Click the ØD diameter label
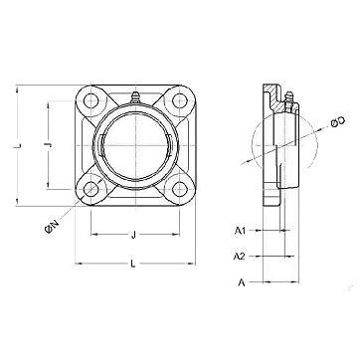tap(338, 122)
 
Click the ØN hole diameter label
tap(52, 227)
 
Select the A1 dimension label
tap(240, 231)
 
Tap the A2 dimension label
tap(240, 257)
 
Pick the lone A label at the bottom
tap(242, 282)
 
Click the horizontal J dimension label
tap(133, 235)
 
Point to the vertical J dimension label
tap(49, 145)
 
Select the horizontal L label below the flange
tap(133, 264)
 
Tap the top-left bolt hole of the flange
tap(90, 101)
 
